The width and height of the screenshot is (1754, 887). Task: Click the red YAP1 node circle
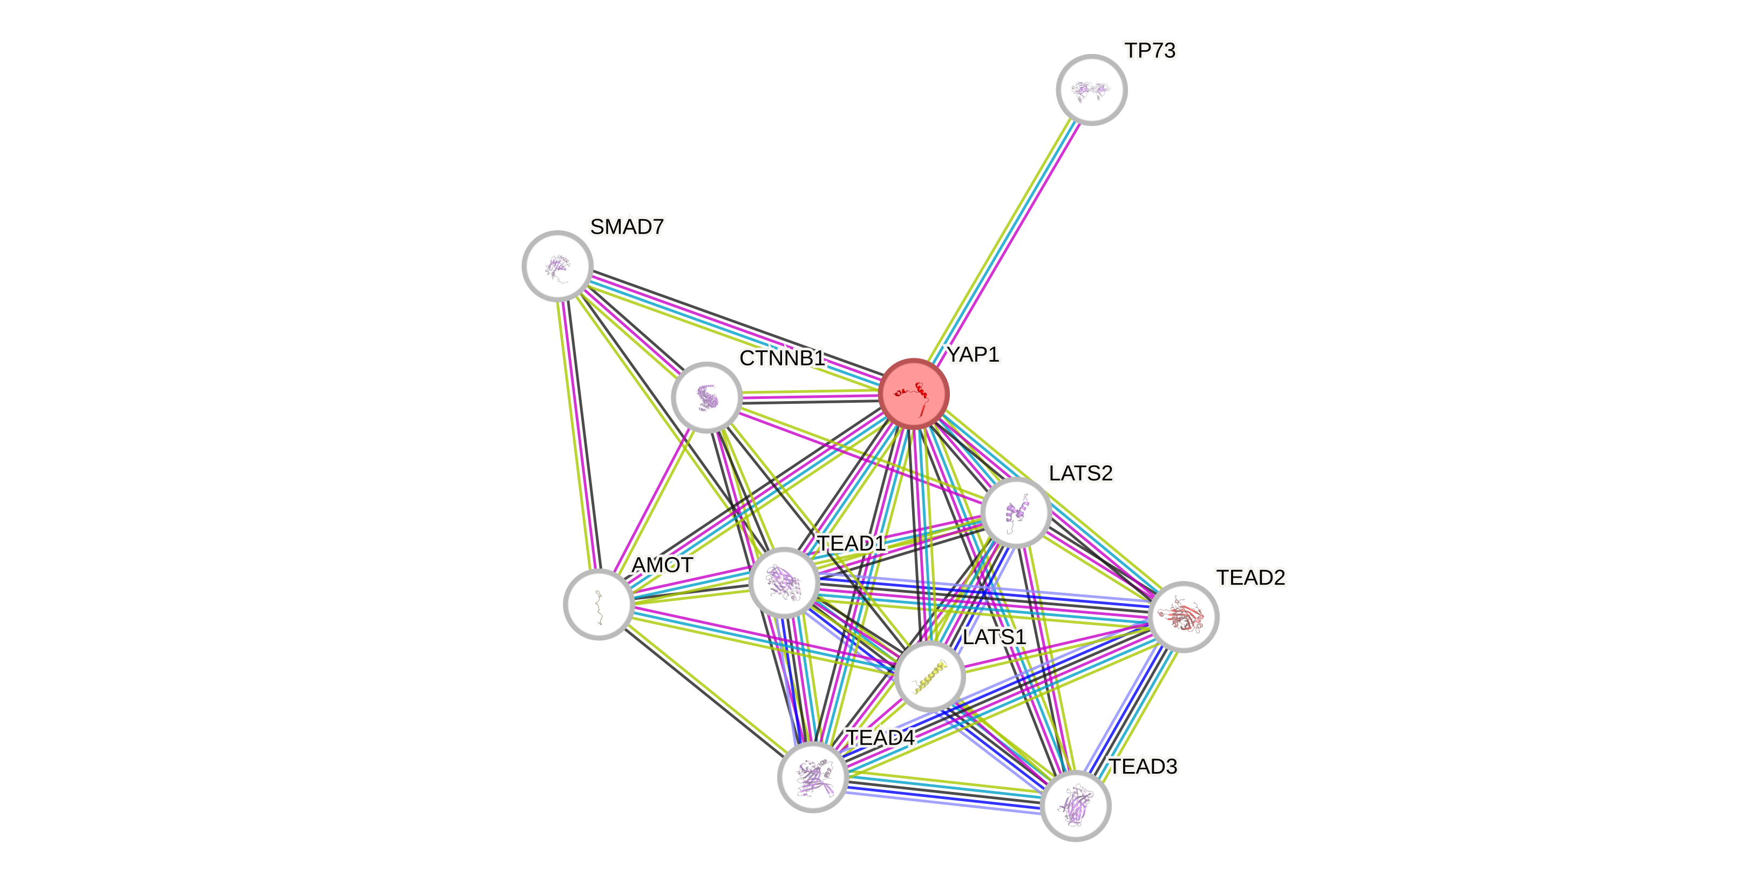click(x=913, y=394)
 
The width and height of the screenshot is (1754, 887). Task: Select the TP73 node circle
click(x=1091, y=90)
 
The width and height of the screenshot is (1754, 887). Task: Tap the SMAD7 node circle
click(x=558, y=266)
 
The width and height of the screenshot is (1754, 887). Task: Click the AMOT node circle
click(x=599, y=604)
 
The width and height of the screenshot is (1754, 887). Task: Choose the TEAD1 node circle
click(x=784, y=583)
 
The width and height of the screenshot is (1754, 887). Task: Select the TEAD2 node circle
click(x=1182, y=617)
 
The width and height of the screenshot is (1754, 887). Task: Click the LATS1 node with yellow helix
click(x=929, y=676)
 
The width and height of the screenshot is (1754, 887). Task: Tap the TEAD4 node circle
click(x=813, y=777)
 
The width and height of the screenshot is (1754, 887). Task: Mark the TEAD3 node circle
click(x=1076, y=806)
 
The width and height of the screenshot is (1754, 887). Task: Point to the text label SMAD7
click(x=627, y=227)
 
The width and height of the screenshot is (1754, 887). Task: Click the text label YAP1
click(x=973, y=354)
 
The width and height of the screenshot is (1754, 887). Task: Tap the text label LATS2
click(x=1080, y=473)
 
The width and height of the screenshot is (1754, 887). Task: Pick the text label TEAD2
click(x=1251, y=578)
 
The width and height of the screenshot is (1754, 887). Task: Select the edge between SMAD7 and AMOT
click(x=578, y=436)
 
